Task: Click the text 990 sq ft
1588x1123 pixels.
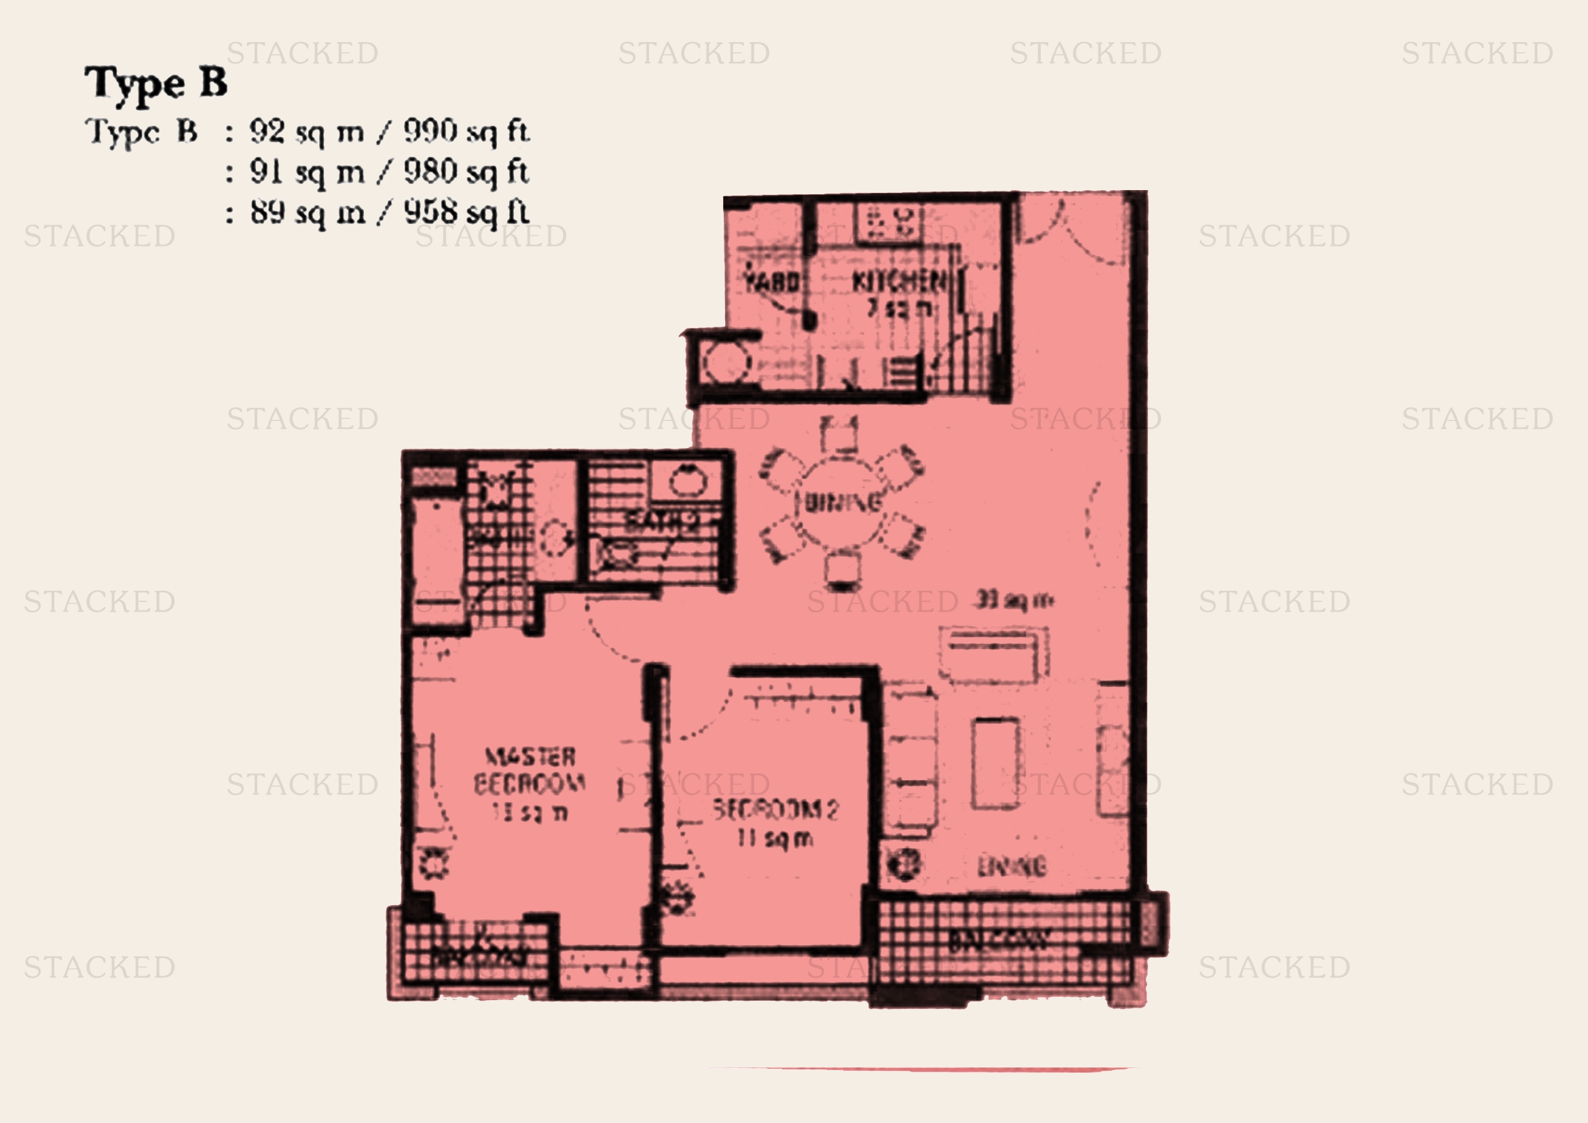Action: pyautogui.click(x=466, y=132)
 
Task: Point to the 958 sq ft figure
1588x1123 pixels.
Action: pyautogui.click(x=466, y=213)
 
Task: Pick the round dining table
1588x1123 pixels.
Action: pyautogui.click(x=843, y=502)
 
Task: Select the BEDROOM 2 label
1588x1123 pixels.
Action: pyautogui.click(x=775, y=809)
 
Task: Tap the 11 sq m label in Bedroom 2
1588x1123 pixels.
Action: pyautogui.click(x=775, y=839)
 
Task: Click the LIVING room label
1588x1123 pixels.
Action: pyautogui.click(x=1011, y=866)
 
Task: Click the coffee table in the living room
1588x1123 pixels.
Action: pyautogui.click(x=995, y=762)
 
